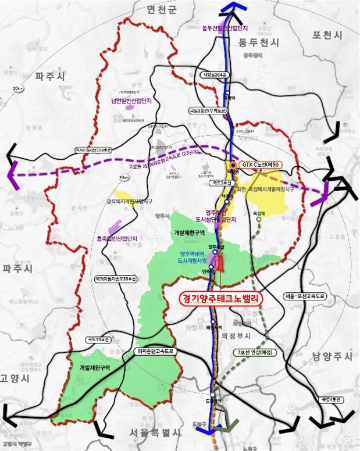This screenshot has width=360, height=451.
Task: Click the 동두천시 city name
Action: pos(258,42)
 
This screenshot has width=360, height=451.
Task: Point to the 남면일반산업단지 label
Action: pos(135,99)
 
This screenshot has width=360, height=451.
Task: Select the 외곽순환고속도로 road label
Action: pos(155,351)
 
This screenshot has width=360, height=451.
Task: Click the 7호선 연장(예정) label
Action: pos(256,353)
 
